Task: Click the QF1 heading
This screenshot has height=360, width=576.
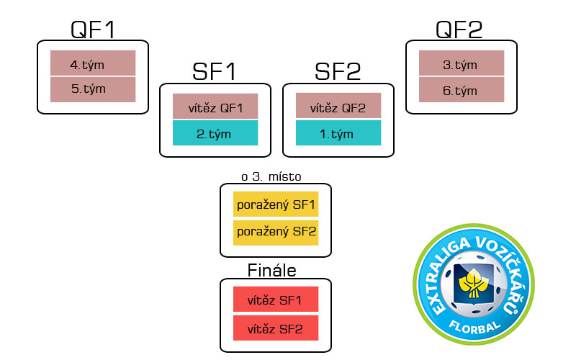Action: (93, 30)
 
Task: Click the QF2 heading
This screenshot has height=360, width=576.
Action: (459, 30)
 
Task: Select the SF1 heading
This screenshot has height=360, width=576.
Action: (214, 71)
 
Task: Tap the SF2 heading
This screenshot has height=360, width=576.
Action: (338, 71)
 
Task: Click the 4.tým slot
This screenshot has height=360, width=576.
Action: (93, 63)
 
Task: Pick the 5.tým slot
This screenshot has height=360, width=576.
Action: (93, 89)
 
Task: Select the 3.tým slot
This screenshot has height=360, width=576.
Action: (462, 63)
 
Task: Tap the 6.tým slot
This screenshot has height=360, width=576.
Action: (462, 89)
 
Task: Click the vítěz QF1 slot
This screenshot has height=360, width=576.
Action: (215, 106)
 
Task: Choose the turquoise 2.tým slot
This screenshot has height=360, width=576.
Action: (215, 133)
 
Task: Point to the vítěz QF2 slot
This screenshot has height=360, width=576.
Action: (338, 106)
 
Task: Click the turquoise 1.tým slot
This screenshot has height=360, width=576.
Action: (338, 133)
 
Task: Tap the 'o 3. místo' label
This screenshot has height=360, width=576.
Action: (271, 176)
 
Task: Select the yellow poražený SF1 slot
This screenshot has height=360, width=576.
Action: (276, 204)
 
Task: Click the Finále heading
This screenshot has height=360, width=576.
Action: (272, 271)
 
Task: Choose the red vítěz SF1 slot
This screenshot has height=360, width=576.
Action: (276, 299)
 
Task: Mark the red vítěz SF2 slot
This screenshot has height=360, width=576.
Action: (276, 328)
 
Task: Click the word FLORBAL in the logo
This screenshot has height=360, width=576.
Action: (474, 327)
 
